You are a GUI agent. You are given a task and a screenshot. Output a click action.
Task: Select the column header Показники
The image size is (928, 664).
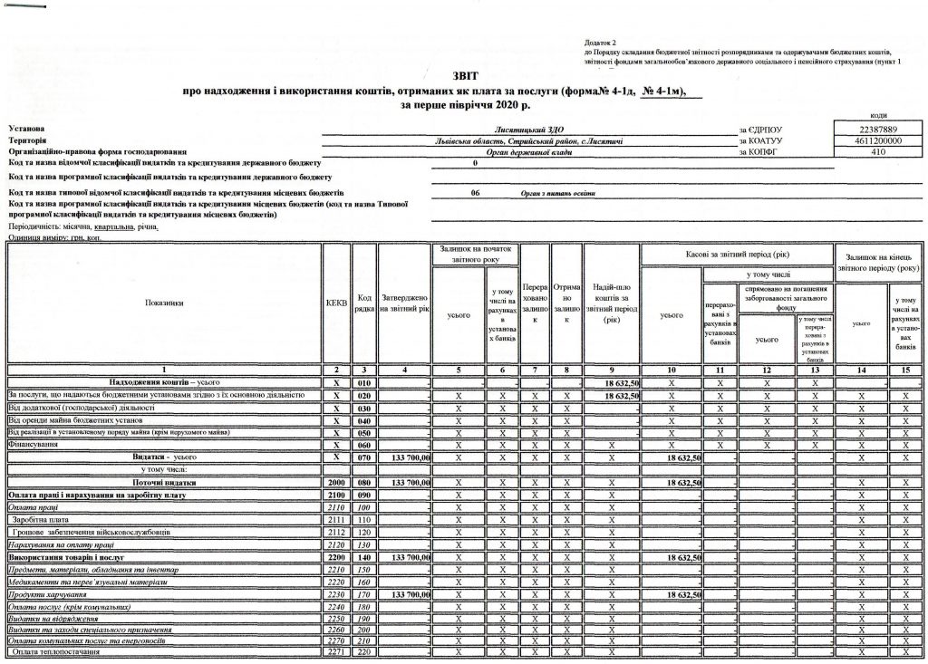tap(163, 303)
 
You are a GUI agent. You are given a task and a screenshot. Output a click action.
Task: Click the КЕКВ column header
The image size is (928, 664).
tap(336, 303)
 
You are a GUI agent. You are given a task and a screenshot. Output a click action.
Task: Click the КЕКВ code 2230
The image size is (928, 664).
tap(336, 593)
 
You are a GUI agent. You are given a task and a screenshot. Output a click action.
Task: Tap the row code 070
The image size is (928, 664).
tap(364, 458)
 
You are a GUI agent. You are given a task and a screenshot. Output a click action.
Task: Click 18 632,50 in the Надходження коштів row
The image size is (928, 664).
tap(622, 383)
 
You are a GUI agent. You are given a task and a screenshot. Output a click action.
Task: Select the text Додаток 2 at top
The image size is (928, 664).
tap(600, 43)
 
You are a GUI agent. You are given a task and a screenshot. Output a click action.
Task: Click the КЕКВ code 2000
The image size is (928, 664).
tap(336, 484)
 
